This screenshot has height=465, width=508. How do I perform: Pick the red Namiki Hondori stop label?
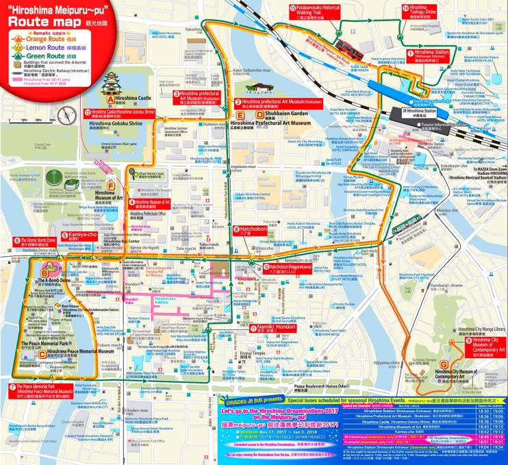tap(264, 330)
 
